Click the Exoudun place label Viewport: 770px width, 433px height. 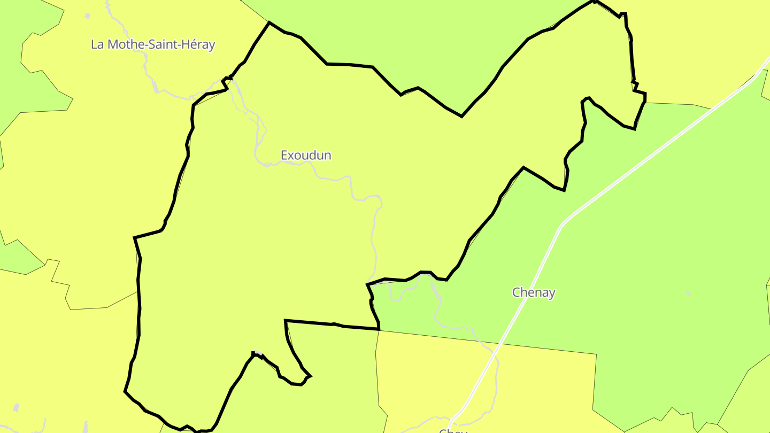point(306,156)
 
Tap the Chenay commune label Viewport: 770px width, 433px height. point(534,292)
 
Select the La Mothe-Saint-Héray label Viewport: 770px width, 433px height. point(153,44)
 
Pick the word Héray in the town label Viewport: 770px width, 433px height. point(198,44)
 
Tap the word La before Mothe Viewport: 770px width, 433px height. point(97,44)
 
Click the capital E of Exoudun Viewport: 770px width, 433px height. point(284,156)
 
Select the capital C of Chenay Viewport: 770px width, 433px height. point(517,292)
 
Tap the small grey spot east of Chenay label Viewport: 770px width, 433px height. point(688,293)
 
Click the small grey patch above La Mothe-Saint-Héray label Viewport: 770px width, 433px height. point(88,16)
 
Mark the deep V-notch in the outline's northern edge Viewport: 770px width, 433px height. point(461,115)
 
